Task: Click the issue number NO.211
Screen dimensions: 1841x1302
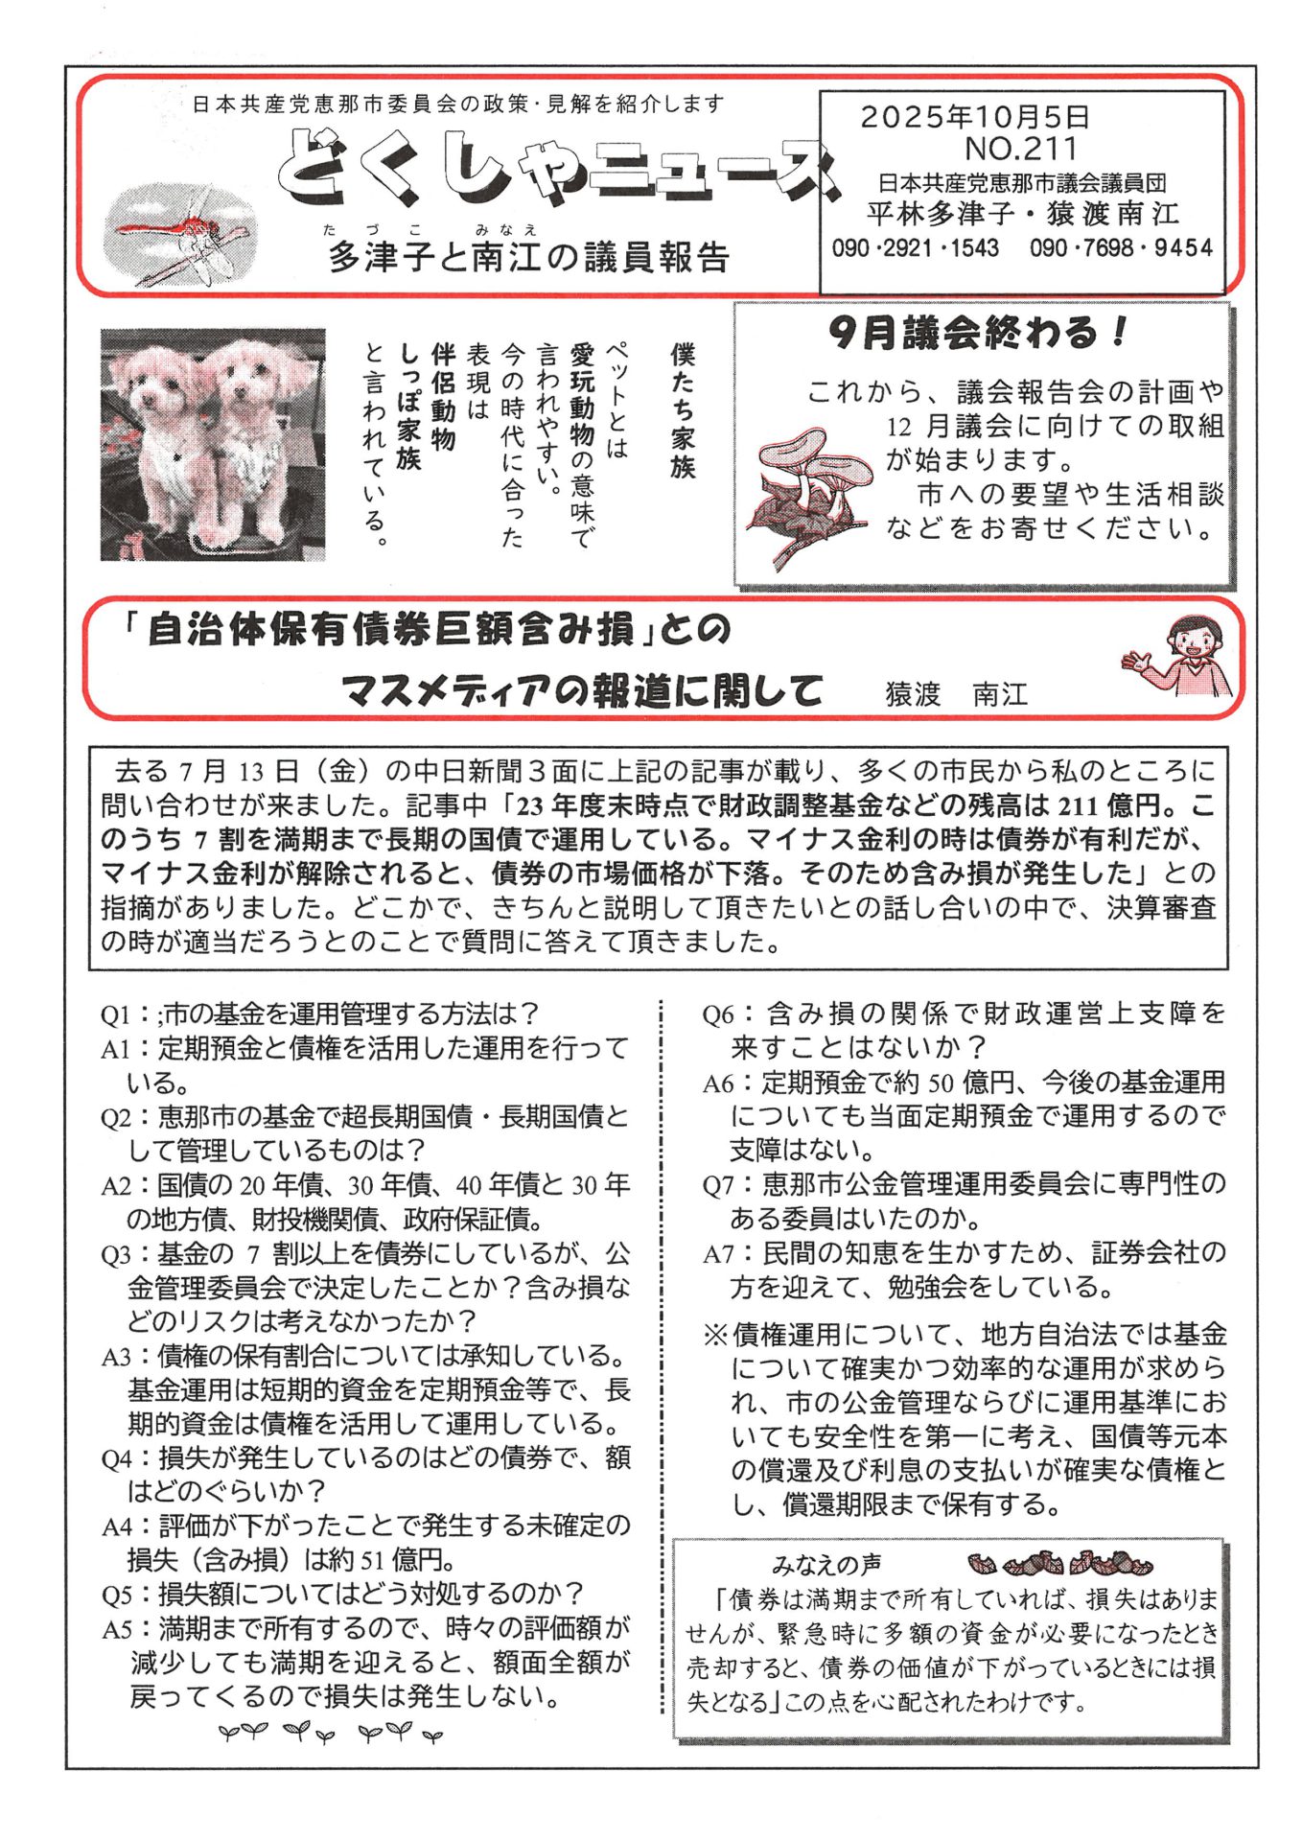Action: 1020,149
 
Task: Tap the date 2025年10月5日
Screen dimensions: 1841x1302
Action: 974,117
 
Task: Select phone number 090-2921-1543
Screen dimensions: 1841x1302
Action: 915,248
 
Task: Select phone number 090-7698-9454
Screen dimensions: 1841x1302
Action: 1120,248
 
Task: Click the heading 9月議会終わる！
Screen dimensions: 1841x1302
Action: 978,333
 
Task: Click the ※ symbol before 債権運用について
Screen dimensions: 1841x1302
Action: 715,1335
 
